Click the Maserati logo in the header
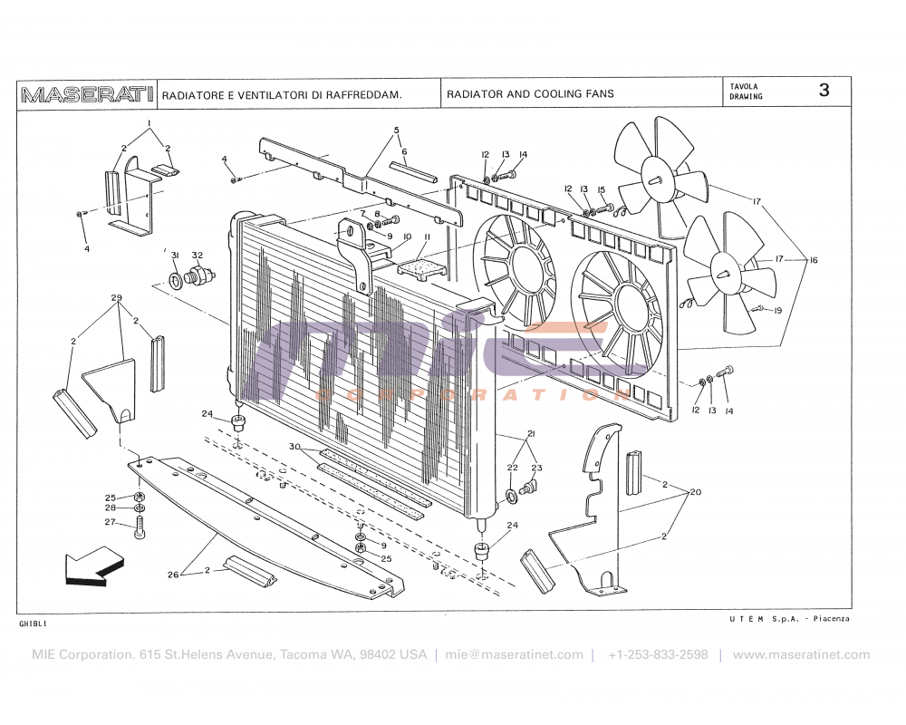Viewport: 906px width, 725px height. click(x=87, y=94)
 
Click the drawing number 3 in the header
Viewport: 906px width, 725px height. click(x=824, y=90)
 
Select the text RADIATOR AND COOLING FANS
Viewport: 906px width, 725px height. click(x=530, y=94)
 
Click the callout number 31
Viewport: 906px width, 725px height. click(x=175, y=255)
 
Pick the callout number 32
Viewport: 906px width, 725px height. click(x=197, y=255)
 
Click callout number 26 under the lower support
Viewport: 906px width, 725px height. click(x=173, y=573)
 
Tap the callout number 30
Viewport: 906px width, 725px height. click(x=294, y=447)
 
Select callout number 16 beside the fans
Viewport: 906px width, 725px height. click(x=814, y=261)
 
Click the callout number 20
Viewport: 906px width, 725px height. click(x=696, y=492)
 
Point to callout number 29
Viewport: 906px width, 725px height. click(x=116, y=298)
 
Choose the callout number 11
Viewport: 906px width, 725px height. click(x=427, y=237)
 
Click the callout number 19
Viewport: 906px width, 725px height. click(x=777, y=310)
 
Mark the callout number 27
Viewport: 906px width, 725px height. click(x=109, y=522)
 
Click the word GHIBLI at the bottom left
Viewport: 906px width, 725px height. click(x=33, y=624)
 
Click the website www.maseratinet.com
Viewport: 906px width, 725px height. click(x=801, y=654)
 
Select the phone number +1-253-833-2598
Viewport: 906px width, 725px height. click(x=658, y=654)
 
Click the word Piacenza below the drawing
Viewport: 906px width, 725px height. click(x=831, y=618)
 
